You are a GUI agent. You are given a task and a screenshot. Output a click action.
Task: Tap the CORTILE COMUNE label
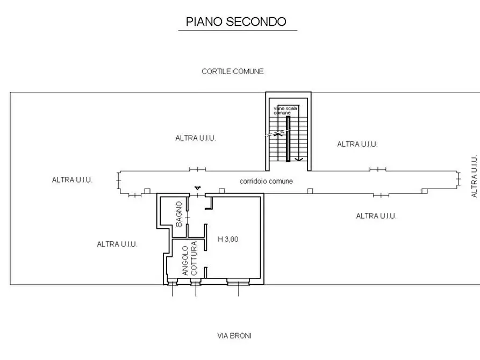[x=232, y=71]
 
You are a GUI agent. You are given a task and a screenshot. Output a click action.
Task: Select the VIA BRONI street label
[x=234, y=336]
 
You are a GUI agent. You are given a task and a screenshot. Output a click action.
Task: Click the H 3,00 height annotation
[x=228, y=240]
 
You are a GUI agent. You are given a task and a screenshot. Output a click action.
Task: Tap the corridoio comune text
[x=266, y=181]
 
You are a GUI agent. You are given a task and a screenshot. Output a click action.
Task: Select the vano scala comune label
[x=282, y=111]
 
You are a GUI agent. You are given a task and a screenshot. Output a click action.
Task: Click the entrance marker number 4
[x=198, y=188]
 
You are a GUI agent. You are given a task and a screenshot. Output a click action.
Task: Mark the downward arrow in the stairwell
[x=301, y=159]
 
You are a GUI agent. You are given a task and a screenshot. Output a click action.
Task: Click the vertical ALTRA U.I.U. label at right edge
[x=474, y=176]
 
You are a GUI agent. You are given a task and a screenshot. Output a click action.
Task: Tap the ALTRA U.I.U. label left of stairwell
[x=196, y=138]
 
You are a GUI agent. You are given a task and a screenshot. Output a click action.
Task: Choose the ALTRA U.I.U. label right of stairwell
[x=357, y=144]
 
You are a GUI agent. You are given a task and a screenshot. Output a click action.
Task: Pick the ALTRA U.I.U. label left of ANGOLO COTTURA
[x=117, y=244]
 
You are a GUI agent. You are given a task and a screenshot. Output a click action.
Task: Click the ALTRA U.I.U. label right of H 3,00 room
[x=376, y=216]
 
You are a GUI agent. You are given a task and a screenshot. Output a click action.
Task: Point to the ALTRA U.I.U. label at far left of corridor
[x=72, y=180]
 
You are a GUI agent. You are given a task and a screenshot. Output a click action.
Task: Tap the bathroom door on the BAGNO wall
[x=188, y=216]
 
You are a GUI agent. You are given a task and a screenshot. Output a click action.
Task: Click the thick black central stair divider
[x=288, y=139]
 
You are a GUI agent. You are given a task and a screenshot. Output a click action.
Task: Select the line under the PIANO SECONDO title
[x=237, y=31]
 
